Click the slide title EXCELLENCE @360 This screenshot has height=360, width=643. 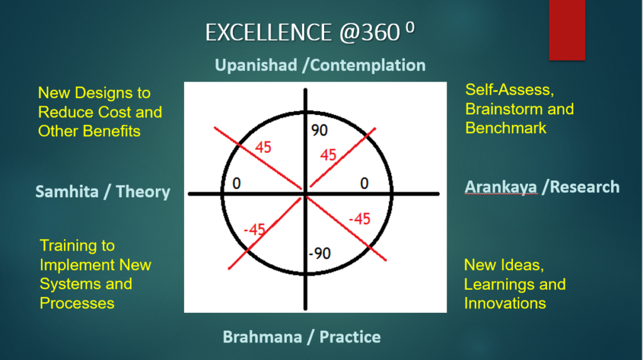point(310,32)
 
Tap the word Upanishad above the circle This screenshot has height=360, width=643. point(256,65)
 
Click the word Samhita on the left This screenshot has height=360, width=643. point(67,192)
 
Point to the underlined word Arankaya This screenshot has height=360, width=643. point(500,187)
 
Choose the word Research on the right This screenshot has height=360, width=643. point(585,187)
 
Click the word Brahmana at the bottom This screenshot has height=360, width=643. point(262,337)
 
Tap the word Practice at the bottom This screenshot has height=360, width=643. point(350,337)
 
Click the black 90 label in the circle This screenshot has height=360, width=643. point(320,131)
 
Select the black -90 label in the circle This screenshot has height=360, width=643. point(320,253)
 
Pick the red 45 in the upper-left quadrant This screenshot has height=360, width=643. point(263,147)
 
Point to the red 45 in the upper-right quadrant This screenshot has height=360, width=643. point(328,155)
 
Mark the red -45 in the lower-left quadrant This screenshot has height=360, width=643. point(254,229)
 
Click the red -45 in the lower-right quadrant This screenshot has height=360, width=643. point(360,219)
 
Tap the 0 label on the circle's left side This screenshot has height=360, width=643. point(236,183)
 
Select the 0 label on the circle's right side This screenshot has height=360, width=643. point(364,183)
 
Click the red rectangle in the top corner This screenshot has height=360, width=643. point(567,30)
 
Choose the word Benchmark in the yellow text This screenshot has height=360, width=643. point(505,128)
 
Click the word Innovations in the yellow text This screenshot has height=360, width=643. point(505,303)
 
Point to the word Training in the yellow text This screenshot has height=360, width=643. point(77,246)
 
